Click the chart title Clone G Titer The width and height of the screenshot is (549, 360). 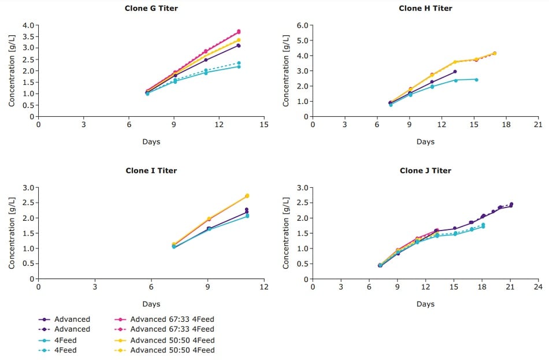151,8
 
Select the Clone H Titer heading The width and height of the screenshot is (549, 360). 425,8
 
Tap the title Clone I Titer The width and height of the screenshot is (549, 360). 151,170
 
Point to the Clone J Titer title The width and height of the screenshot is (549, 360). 425,170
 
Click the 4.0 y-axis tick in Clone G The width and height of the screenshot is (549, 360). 28,25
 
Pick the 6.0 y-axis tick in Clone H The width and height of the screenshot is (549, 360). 302,25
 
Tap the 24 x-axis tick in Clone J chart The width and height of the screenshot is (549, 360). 538,287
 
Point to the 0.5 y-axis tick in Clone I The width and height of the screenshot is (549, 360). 28,264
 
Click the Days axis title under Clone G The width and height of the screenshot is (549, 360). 151,142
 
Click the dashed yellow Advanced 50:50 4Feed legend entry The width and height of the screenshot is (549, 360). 172,350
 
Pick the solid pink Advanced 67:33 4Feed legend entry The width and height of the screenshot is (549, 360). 172,319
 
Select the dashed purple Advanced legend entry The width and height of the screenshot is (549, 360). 72,329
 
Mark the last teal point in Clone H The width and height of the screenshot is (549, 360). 476,79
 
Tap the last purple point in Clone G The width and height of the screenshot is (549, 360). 238,46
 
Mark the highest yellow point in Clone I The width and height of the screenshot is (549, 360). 247,196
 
